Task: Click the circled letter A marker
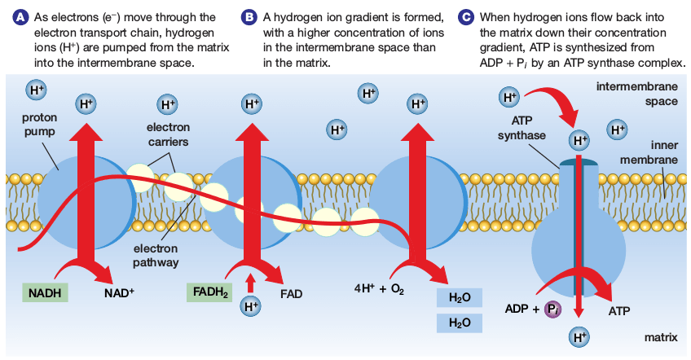(12, 17)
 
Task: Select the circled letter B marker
(249, 17)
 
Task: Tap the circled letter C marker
(465, 17)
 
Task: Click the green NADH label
(44, 291)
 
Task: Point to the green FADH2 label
(210, 291)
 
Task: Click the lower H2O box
(460, 323)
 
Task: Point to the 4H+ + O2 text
(381, 289)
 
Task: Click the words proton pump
(33, 124)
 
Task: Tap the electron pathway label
(156, 256)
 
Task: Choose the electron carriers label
(168, 134)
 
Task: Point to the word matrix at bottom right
(661, 336)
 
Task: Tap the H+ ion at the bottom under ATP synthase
(579, 336)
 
